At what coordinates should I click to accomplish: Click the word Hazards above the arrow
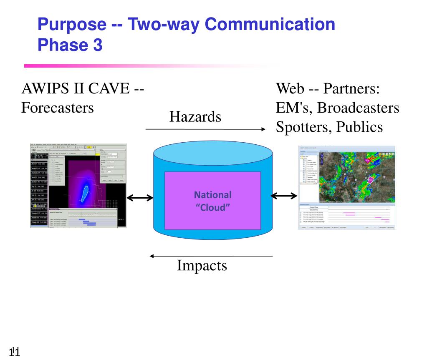[195, 117]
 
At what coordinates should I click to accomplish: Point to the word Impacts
[202, 265]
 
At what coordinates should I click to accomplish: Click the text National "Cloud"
[213, 201]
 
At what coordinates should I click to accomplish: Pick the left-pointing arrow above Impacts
[211, 256]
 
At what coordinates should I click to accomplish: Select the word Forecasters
[57, 108]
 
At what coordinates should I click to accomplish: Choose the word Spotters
[300, 126]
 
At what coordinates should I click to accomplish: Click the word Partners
[351, 89]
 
